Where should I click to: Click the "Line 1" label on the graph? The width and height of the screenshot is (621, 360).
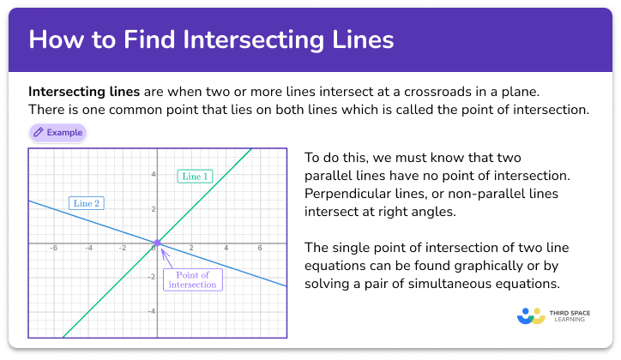(x=194, y=177)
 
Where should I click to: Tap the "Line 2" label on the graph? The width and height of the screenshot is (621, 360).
(x=87, y=203)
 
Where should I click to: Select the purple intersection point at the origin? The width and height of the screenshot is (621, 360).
(x=156, y=243)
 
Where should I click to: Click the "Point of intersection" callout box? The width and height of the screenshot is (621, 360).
(x=193, y=279)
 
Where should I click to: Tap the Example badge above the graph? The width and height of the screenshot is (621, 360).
(x=57, y=133)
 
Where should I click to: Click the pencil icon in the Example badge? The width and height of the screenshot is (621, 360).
(x=39, y=133)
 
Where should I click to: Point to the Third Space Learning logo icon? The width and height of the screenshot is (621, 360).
(x=532, y=315)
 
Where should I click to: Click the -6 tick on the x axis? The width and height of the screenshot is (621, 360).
(x=53, y=249)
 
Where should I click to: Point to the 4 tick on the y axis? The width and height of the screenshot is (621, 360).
(x=153, y=175)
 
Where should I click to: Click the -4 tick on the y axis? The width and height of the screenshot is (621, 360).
(x=150, y=311)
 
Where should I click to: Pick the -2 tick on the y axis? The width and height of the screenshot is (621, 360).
(x=150, y=277)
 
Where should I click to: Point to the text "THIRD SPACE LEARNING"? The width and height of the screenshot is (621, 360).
(x=570, y=315)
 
